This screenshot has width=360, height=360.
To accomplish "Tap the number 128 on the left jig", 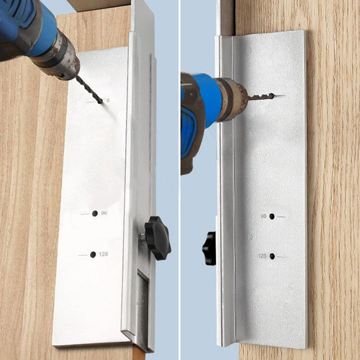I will pyautogui.click(x=104, y=255).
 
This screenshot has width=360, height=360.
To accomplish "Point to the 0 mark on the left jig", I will pyautogui.click(x=107, y=100).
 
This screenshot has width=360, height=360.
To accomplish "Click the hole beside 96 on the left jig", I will pyautogui.click(x=95, y=213).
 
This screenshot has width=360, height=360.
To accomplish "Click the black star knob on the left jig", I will pyautogui.click(x=158, y=237).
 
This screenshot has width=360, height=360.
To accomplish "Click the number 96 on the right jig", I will pyautogui.click(x=264, y=217).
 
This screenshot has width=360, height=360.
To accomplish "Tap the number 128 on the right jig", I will pyautogui.click(x=263, y=256).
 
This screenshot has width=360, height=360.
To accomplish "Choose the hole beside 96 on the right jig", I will pyautogui.click(x=272, y=217).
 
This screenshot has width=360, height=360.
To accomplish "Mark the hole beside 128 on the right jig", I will pyautogui.click(x=272, y=256).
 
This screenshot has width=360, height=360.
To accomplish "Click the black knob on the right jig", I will pyautogui.click(x=210, y=248).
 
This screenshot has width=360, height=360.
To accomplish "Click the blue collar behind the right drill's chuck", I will pyautogui.click(x=209, y=100).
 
